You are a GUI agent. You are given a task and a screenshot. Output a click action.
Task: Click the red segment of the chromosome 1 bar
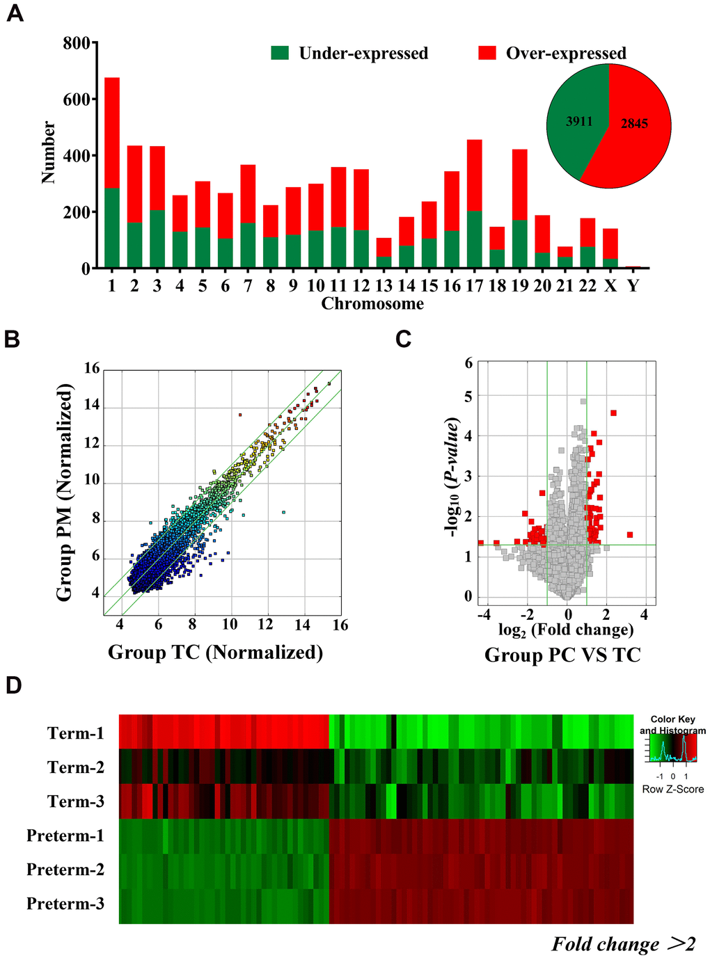point(111,132)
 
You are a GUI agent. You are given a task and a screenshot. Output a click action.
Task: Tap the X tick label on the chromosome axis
point(610,286)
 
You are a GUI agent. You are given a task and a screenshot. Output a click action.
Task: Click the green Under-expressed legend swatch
point(280,53)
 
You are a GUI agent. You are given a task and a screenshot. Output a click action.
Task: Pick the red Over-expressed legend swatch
point(487,53)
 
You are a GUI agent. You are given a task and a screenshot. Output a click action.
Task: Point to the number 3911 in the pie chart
point(579,122)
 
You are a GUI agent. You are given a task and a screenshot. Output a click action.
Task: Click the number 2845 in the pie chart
point(634,124)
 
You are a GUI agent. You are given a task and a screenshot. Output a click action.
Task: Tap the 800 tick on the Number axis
point(77,43)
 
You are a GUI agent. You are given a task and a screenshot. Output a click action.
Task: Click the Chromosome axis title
point(372,304)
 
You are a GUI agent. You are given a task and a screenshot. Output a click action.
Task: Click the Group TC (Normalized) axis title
point(216,653)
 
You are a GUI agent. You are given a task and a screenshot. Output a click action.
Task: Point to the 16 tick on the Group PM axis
point(92,368)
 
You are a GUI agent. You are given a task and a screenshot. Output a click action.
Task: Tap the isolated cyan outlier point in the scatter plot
point(283,512)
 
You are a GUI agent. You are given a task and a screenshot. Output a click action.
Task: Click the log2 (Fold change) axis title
point(566,630)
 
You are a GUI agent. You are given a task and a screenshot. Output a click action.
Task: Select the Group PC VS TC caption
point(562,655)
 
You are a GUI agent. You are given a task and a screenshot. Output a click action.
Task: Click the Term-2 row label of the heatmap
point(76,767)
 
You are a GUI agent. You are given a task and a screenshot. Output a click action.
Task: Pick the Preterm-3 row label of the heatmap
point(65,904)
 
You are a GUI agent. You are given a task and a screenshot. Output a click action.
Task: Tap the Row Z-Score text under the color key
point(672,790)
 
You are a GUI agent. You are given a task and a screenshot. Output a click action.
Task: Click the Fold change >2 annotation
point(624,944)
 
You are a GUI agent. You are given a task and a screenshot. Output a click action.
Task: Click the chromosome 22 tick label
point(587,286)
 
